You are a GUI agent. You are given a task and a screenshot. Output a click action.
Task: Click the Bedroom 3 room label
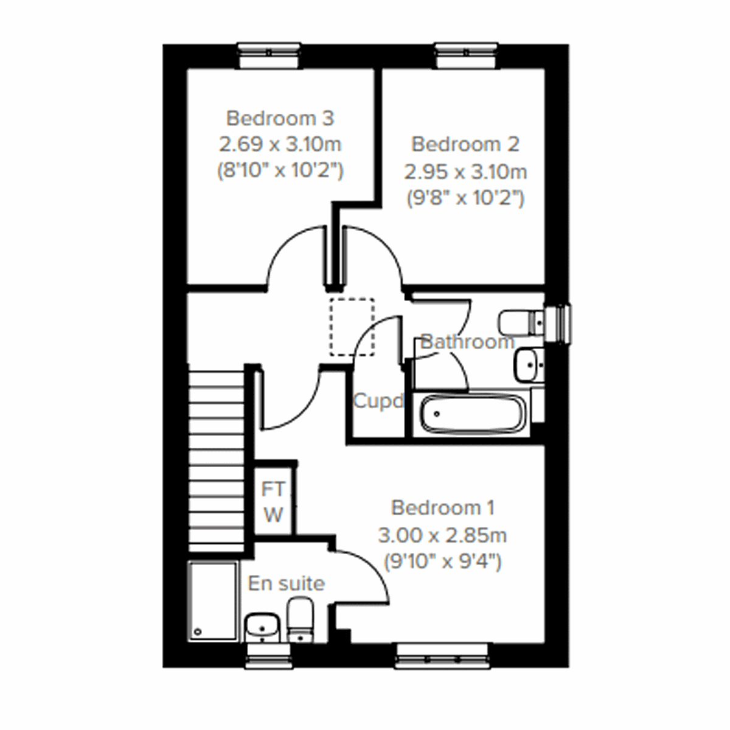tap(280, 117)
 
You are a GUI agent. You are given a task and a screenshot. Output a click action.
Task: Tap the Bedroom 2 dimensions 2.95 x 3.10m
tap(465, 172)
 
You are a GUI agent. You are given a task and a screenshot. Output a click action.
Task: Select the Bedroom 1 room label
tap(442, 507)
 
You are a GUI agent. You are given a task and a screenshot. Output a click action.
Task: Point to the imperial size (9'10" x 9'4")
tap(442, 561)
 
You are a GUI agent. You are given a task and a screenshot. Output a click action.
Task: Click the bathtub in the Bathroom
tap(471, 415)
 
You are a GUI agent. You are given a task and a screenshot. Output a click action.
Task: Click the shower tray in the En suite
tap(212, 601)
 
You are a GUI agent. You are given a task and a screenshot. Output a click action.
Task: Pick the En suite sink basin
tap(262, 627)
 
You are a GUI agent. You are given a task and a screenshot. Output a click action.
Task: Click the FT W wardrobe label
tap(273, 502)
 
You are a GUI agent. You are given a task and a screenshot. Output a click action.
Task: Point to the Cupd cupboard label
tap(378, 401)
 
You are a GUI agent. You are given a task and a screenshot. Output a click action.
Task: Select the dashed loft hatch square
tap(352, 327)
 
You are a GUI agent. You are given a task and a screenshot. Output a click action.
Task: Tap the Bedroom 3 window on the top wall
tap(269, 56)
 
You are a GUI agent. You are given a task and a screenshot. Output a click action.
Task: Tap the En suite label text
tap(286, 583)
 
